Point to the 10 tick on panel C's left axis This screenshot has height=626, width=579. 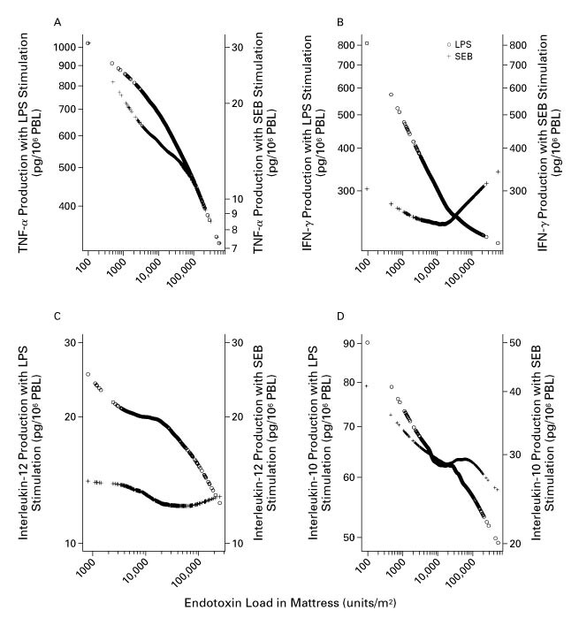65,542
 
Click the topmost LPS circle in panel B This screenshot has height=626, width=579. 367,43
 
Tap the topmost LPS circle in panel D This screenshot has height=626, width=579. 367,343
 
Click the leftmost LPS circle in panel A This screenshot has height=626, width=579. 88,43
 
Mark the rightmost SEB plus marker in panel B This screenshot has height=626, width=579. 498,172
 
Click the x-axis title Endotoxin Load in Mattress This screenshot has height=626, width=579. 289,605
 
